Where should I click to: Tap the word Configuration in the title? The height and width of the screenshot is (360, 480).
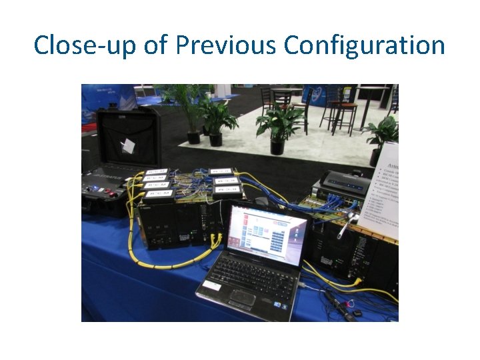(364, 45)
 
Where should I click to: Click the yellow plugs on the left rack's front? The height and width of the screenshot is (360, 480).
(215, 238)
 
